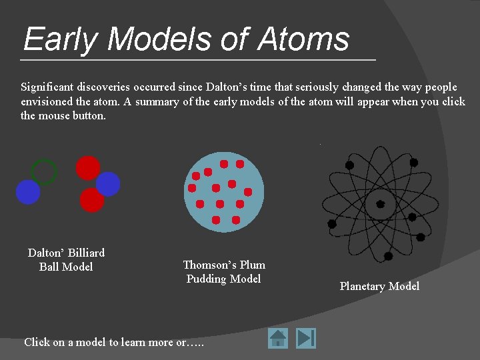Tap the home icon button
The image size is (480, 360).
[x=278, y=338]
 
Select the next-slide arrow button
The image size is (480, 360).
[x=306, y=338]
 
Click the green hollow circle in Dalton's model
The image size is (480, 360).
[x=44, y=172]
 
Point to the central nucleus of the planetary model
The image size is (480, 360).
[x=380, y=204]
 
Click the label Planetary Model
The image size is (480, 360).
[x=379, y=286]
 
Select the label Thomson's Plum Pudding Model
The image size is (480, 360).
[x=224, y=272]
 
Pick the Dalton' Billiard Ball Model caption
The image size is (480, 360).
[x=66, y=260]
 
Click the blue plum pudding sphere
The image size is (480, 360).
[x=224, y=192]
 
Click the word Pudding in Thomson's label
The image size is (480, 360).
[x=206, y=279]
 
